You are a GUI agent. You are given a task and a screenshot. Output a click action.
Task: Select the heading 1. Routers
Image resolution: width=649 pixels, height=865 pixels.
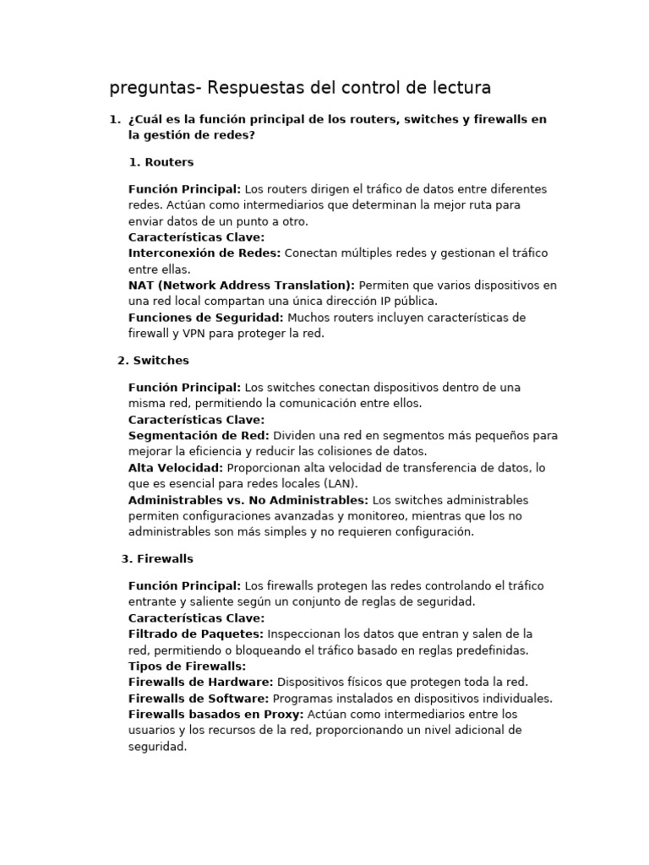[x=161, y=162]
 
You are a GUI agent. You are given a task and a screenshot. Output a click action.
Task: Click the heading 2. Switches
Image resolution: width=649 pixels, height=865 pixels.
[x=153, y=361]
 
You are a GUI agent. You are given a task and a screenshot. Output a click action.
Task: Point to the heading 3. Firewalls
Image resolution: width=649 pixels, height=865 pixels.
[x=157, y=559]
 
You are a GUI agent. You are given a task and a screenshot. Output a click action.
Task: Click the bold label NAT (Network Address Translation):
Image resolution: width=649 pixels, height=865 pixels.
[x=242, y=286]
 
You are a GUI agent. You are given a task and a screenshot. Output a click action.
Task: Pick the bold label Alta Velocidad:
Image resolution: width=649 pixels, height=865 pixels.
[x=176, y=468]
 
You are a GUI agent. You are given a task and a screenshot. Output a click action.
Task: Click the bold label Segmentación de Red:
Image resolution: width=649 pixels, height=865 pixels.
[x=199, y=436]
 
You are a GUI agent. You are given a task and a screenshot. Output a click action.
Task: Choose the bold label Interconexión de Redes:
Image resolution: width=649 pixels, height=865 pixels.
[x=205, y=253]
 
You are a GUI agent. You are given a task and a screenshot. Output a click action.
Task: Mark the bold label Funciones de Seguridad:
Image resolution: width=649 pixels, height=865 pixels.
[x=206, y=318]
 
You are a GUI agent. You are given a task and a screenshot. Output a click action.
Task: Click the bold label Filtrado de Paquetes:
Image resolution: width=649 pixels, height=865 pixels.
[x=196, y=634]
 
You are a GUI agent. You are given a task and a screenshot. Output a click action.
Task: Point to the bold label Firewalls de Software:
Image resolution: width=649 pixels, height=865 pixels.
[x=199, y=699]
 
